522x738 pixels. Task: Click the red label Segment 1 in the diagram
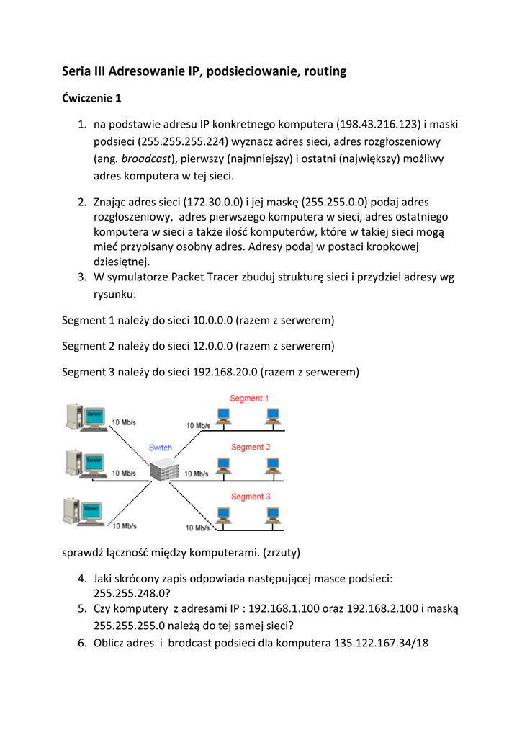coord(250,399)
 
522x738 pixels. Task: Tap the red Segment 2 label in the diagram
coord(250,447)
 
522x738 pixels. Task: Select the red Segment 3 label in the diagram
coord(250,496)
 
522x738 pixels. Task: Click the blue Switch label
coord(161,448)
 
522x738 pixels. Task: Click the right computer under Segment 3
coord(272,515)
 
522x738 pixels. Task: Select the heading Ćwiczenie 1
coord(91,97)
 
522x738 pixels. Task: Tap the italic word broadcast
coord(144,159)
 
